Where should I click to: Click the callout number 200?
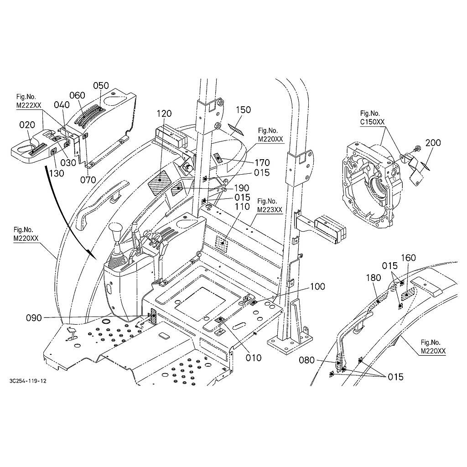click(433, 143)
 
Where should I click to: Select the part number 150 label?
click(244, 109)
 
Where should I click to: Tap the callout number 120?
click(164, 113)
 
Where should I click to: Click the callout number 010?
click(254, 358)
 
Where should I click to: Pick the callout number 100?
click(317, 286)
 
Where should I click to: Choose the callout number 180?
click(374, 278)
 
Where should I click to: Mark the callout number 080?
click(306, 361)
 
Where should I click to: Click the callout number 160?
click(408, 258)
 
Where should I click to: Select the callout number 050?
click(101, 86)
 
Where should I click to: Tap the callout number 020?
click(27, 125)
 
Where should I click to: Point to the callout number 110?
click(242, 207)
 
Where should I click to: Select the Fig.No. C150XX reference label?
click(373, 117)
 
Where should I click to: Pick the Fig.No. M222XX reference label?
click(28, 101)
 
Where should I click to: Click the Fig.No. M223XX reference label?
click(270, 205)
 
